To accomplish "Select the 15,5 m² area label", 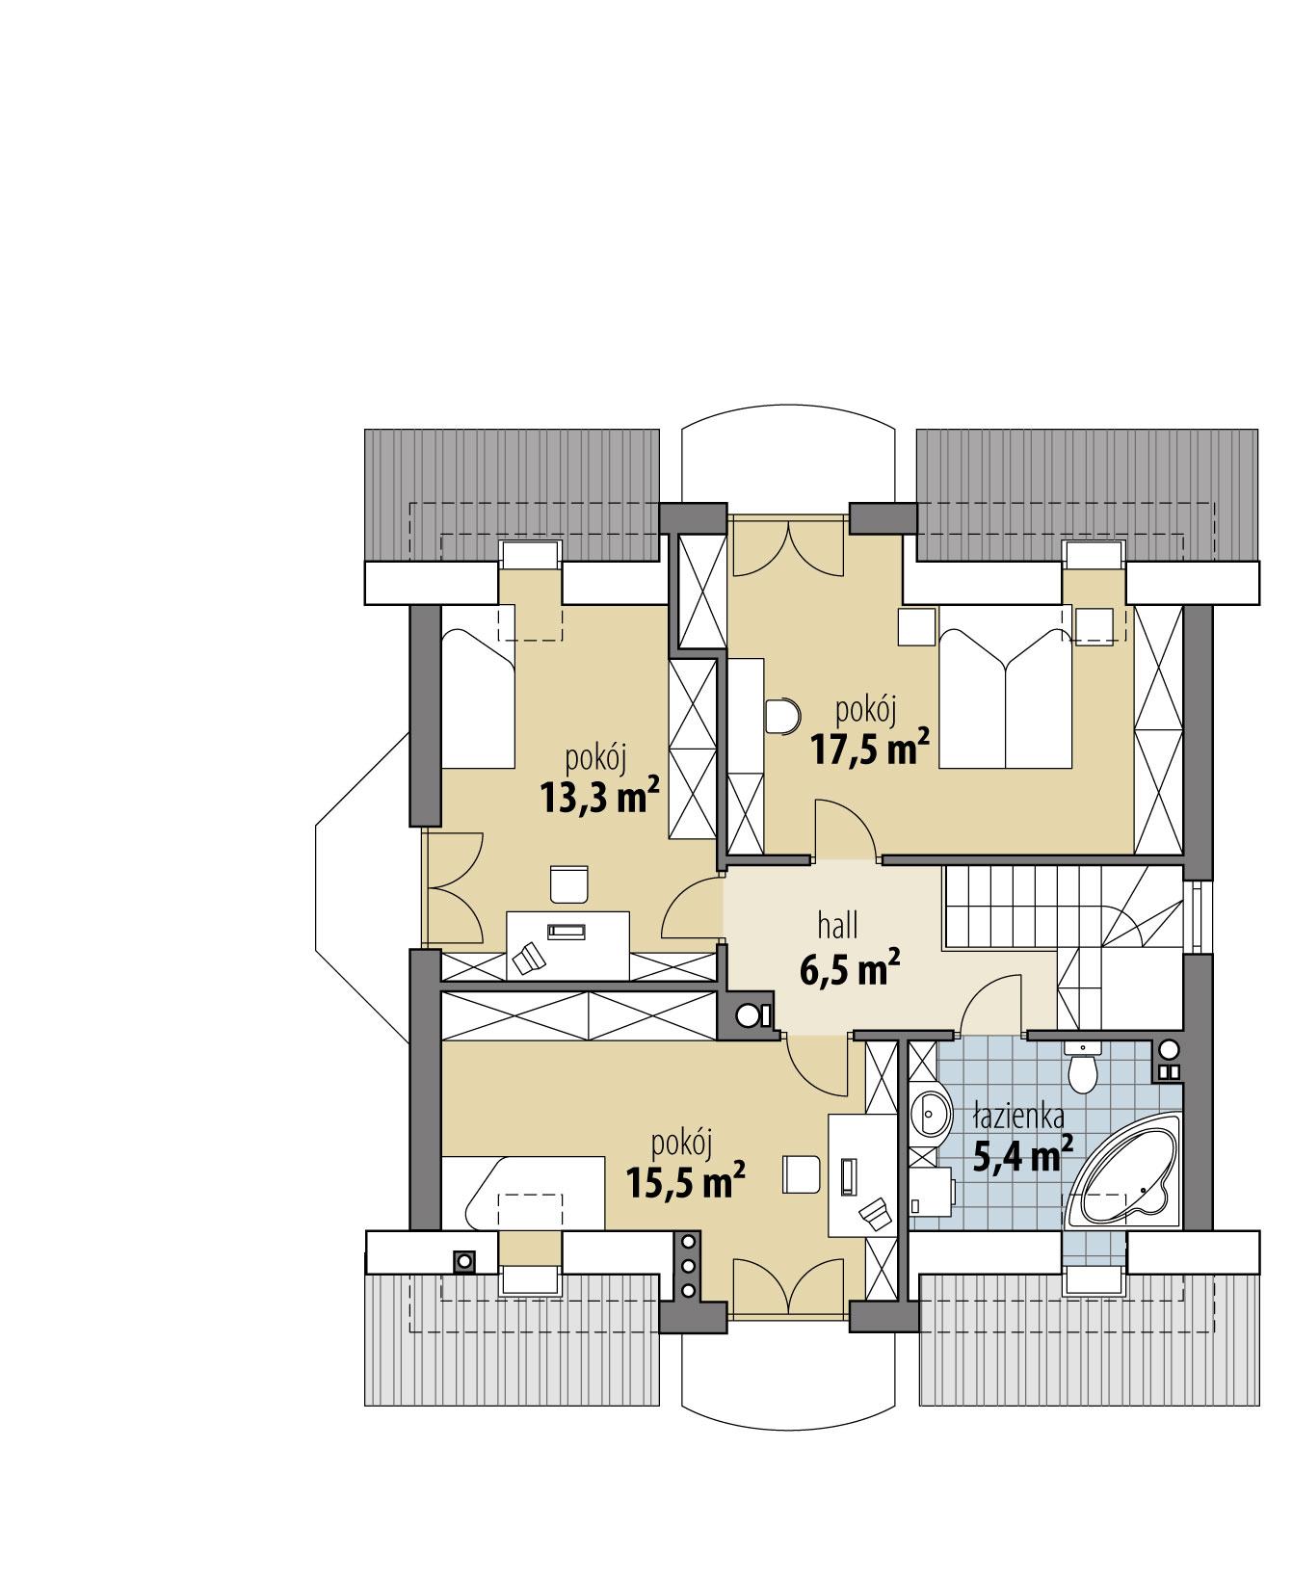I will pos(685,1181).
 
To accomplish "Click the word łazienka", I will pos(1017,1118).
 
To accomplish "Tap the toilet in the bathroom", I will pos(1083,1069).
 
